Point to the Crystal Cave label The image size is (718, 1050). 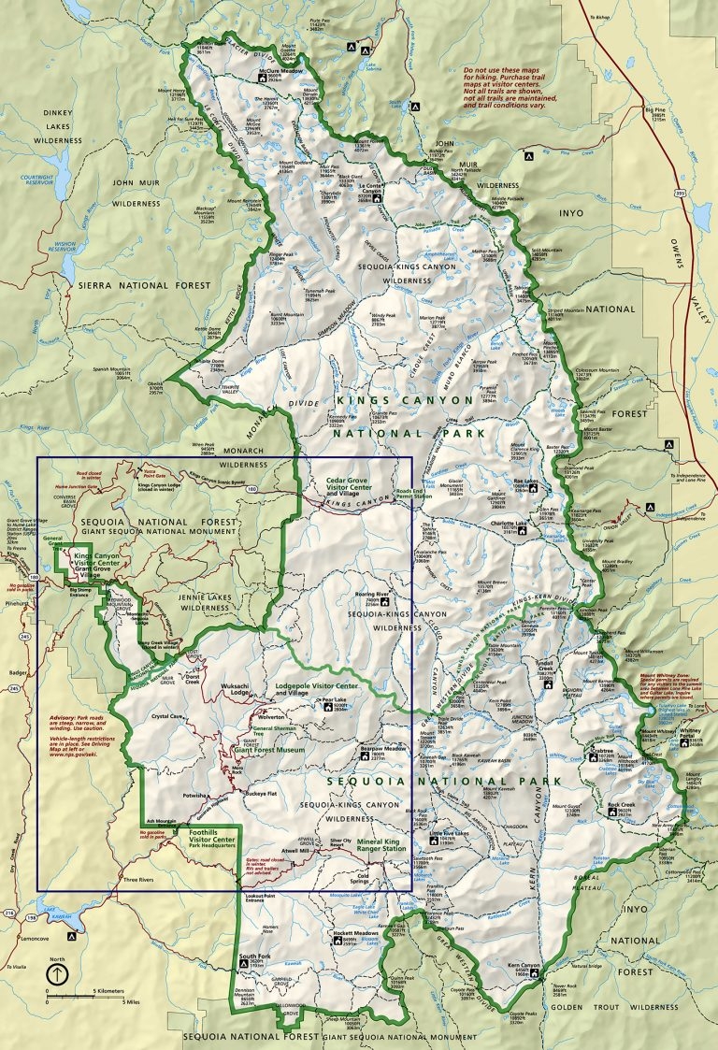click(x=165, y=715)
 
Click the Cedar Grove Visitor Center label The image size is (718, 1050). click(x=349, y=489)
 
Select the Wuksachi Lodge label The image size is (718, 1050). click(x=234, y=694)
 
